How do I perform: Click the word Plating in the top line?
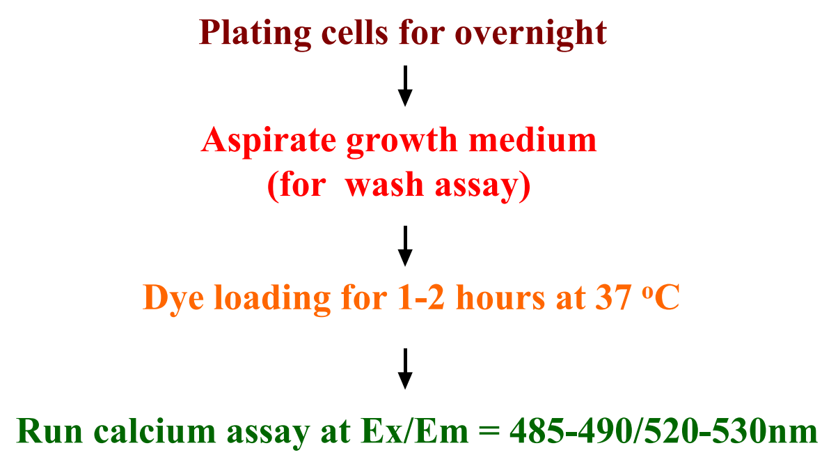255,34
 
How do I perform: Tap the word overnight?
531,34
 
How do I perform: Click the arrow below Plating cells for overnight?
405,86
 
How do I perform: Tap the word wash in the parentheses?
384,185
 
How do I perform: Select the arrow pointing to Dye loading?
405,246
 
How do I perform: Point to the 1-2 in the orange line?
421,297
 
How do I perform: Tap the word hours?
500,297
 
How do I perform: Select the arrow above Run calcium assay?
405,369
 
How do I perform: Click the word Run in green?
49,431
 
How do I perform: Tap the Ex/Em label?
415,431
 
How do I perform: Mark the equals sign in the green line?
489,431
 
